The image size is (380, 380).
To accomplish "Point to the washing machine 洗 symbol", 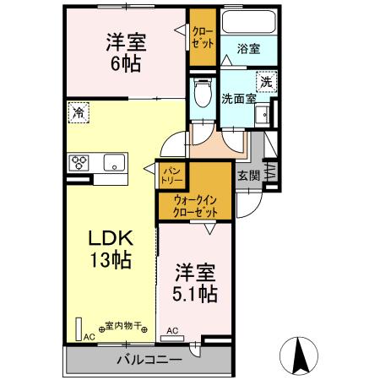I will click(265, 82).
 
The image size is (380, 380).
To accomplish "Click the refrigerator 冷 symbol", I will click(79, 111).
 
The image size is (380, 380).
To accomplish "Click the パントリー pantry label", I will click(171, 175).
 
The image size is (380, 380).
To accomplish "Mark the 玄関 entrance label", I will click(247, 176).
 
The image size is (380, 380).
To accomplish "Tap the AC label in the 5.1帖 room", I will click(172, 330).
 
